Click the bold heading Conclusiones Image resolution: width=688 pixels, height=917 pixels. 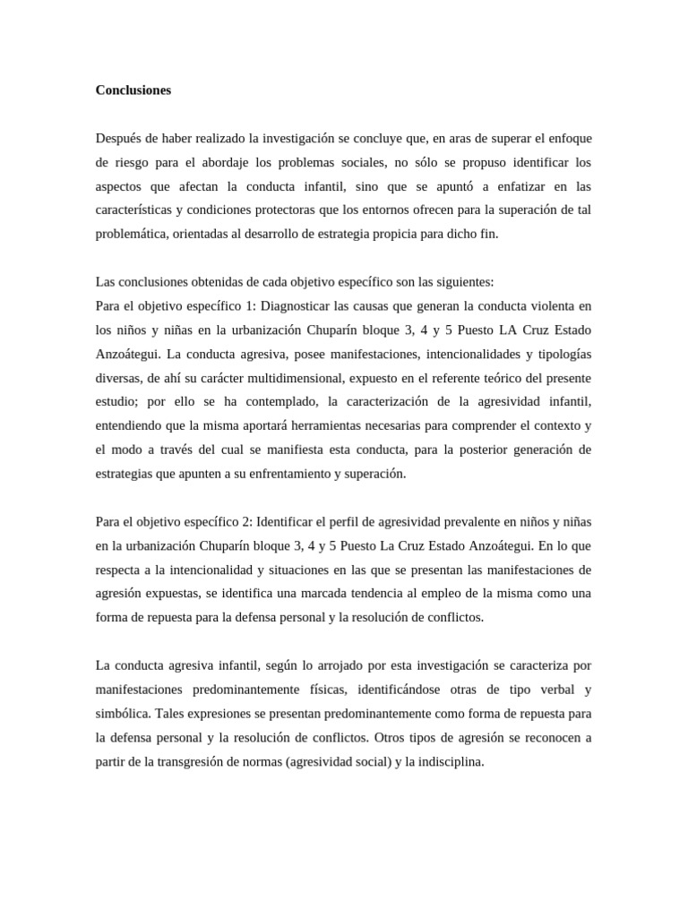pyautogui.click(x=133, y=90)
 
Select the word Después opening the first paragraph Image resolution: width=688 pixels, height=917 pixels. pyautogui.click(x=118, y=138)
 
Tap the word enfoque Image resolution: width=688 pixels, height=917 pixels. pyautogui.click(x=570, y=138)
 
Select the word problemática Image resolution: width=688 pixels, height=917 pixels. pyautogui.click(x=130, y=235)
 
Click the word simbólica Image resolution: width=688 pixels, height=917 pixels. pyautogui.click(x=124, y=714)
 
